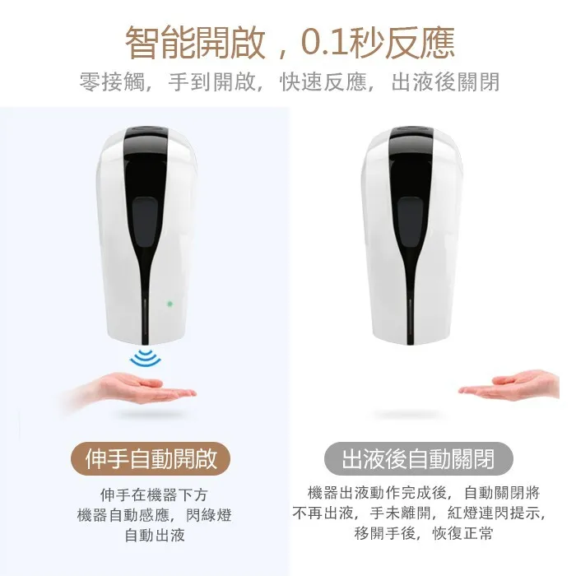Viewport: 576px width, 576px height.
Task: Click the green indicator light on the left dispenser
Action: tap(170, 304)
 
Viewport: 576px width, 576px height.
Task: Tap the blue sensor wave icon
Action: tap(146, 358)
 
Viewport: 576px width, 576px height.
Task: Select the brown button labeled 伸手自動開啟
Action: tap(151, 459)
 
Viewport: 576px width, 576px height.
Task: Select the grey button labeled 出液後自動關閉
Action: tap(418, 459)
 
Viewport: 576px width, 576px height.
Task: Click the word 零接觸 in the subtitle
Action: tap(112, 81)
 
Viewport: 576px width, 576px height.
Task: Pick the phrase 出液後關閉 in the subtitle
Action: tap(445, 81)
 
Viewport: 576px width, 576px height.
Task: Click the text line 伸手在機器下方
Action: tap(154, 495)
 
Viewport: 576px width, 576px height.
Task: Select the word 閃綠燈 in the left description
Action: tap(209, 515)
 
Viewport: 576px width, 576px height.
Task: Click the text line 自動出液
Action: tap(155, 535)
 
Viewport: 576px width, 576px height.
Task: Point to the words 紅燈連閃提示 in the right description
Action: tap(493, 513)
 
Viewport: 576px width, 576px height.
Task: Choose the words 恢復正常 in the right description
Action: tap(462, 533)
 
